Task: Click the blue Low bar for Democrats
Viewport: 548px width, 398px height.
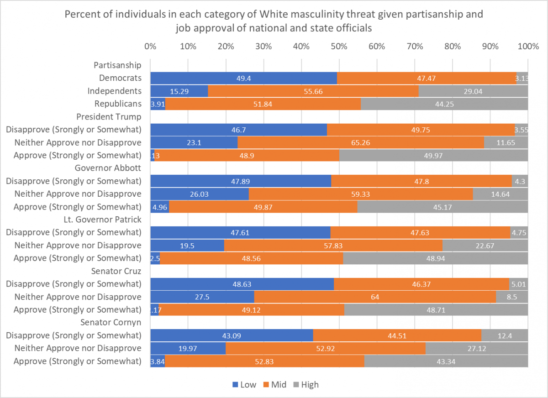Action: tap(243, 78)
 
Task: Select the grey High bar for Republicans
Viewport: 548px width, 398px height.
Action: tap(444, 104)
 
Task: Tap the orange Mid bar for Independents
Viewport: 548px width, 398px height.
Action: tap(313, 91)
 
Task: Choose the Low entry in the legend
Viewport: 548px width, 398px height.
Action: tap(244, 384)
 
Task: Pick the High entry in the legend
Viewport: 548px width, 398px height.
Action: tap(305, 384)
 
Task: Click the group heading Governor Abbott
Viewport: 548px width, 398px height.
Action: tap(108, 168)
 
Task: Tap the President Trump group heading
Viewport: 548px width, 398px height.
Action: tap(109, 116)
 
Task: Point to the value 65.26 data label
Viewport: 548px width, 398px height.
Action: tap(361, 142)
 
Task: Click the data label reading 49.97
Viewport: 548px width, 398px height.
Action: tap(434, 155)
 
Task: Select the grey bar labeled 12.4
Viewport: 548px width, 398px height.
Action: tap(505, 335)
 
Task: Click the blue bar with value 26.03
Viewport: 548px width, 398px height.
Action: tap(199, 194)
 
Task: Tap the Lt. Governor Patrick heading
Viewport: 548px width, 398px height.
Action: tap(102, 220)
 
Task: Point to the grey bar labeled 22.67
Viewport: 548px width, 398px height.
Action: tap(485, 246)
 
